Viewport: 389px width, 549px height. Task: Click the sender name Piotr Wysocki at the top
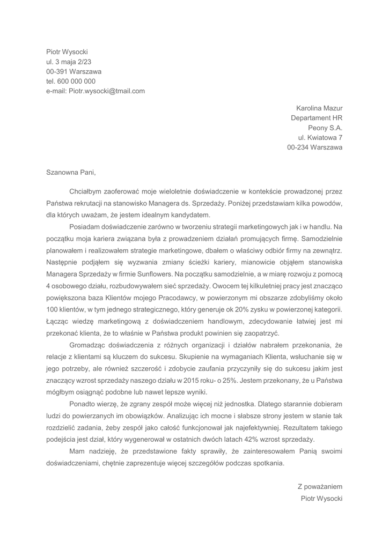pos(67,52)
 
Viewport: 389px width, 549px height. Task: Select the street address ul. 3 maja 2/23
pos(69,62)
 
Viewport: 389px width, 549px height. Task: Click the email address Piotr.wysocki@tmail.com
pos(107,91)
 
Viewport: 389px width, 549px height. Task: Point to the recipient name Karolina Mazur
pos(319,108)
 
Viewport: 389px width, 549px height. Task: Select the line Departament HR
pos(317,118)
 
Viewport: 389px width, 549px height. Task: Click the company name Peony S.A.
pos(325,128)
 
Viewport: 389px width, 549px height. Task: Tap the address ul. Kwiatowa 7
pos(324,137)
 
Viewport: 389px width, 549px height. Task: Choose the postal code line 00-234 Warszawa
pos(315,147)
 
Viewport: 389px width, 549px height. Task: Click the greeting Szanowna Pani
pos(71,173)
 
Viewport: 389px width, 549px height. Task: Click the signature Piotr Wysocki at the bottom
pos(322,499)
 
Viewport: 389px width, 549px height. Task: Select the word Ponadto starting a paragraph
pos(84,404)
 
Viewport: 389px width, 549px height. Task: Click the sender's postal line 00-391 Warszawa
pos(74,71)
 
